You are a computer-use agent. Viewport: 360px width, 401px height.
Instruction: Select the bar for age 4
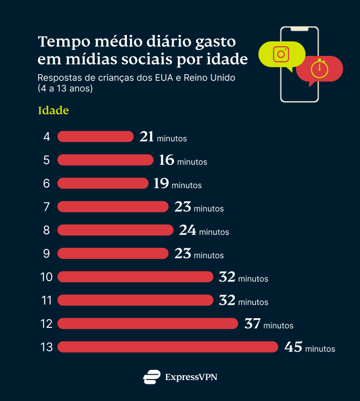point(95,137)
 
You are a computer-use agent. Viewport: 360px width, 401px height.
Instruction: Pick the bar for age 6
point(103,183)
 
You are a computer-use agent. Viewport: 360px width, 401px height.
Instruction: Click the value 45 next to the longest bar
point(293,347)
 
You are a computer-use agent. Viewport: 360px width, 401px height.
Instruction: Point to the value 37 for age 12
point(253,324)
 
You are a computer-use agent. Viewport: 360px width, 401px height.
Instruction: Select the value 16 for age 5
point(167,160)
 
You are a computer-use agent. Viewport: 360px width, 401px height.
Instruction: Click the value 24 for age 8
point(188,230)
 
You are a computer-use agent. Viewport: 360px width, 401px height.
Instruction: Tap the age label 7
point(47,207)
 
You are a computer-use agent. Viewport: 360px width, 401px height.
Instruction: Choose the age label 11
point(47,300)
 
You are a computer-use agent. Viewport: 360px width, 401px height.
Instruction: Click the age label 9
point(47,254)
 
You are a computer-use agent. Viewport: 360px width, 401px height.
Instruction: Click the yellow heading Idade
point(53,111)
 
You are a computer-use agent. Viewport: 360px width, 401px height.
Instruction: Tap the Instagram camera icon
point(281,54)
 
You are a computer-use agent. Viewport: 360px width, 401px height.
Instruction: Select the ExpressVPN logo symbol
point(152,377)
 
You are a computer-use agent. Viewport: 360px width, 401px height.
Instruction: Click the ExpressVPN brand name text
point(191,377)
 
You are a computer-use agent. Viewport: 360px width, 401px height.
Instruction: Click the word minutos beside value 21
point(172,139)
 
